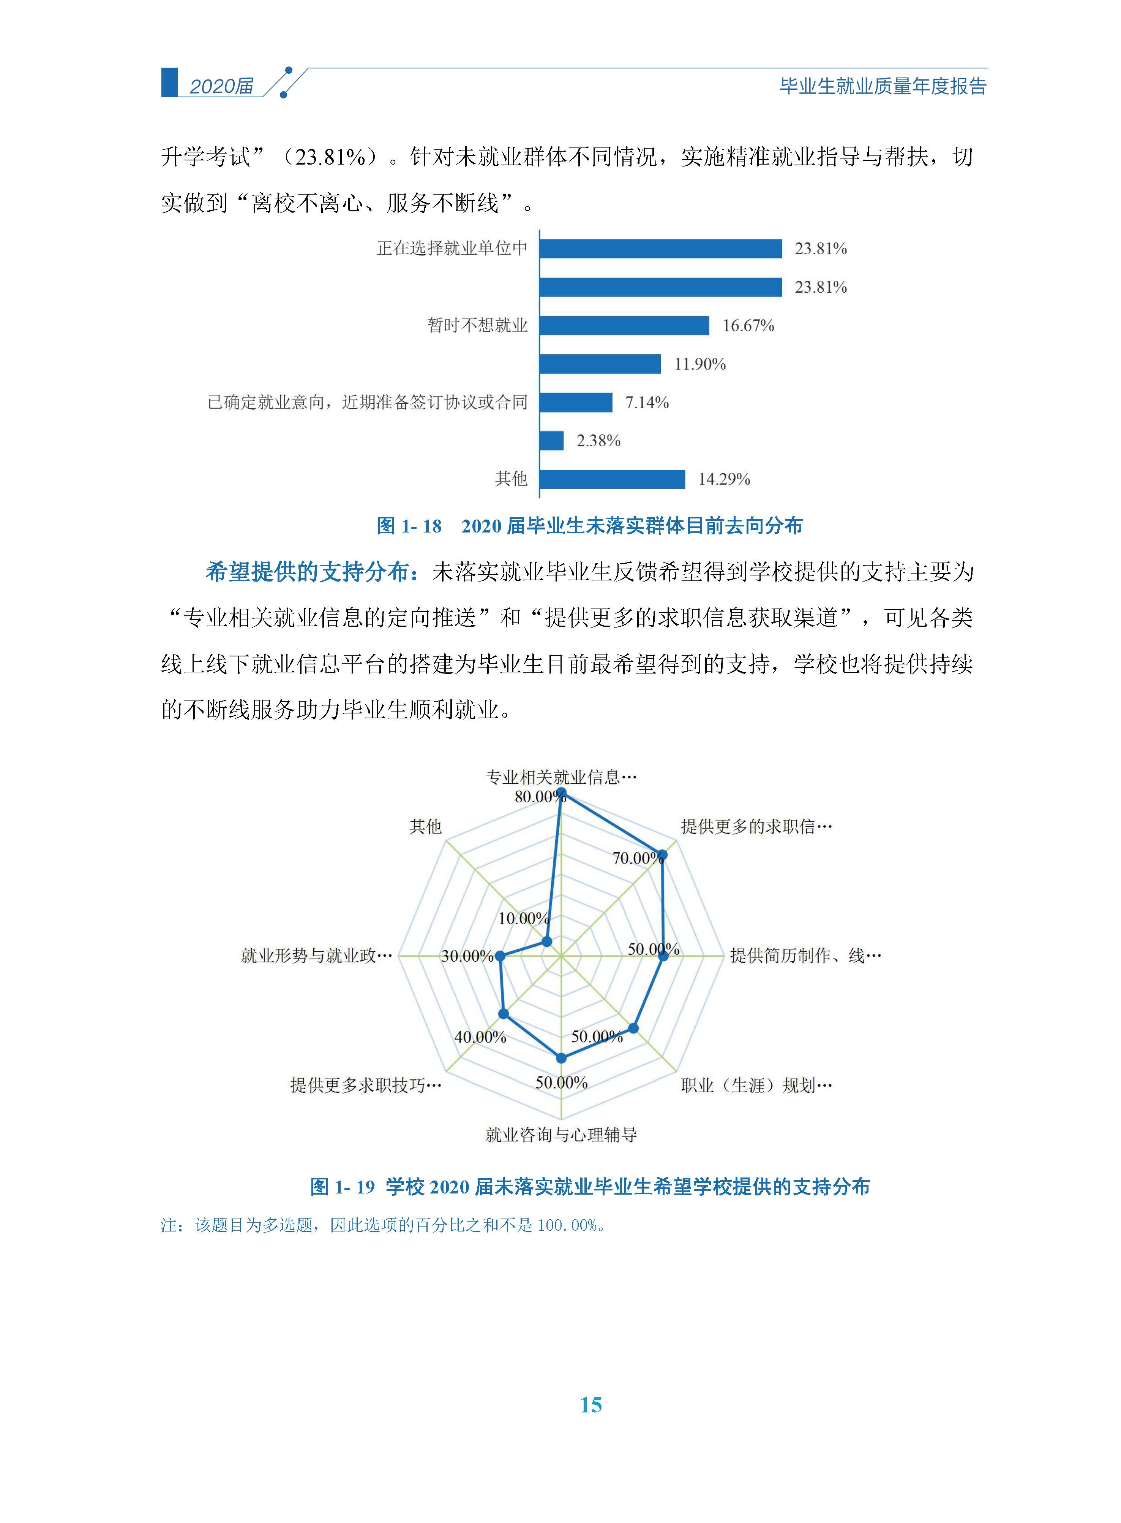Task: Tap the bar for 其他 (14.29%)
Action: click(x=612, y=479)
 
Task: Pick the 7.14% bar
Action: click(x=576, y=403)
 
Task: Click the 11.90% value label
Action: click(x=699, y=365)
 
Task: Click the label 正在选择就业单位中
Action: click(x=452, y=249)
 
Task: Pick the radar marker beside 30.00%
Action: click(x=500, y=956)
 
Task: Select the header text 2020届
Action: click(x=221, y=86)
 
